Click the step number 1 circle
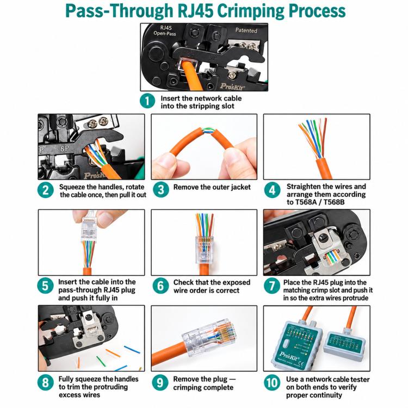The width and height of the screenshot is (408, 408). [147, 101]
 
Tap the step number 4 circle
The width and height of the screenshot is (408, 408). [272, 190]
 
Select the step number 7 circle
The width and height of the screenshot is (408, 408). [271, 286]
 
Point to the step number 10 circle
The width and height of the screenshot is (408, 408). [272, 383]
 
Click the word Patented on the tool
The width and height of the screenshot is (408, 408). [246, 30]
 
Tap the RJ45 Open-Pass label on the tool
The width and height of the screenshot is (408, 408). [165, 30]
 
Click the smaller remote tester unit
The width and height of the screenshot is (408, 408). [344, 345]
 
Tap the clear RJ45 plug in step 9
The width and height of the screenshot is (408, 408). [209, 336]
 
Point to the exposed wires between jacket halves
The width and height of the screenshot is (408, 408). [207, 131]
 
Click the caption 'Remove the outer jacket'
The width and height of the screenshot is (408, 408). [212, 187]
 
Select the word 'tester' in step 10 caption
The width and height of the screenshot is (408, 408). [359, 379]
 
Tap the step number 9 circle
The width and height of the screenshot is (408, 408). [160, 382]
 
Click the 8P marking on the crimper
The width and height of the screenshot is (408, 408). [65, 149]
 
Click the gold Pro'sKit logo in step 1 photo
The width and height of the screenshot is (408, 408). [232, 86]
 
